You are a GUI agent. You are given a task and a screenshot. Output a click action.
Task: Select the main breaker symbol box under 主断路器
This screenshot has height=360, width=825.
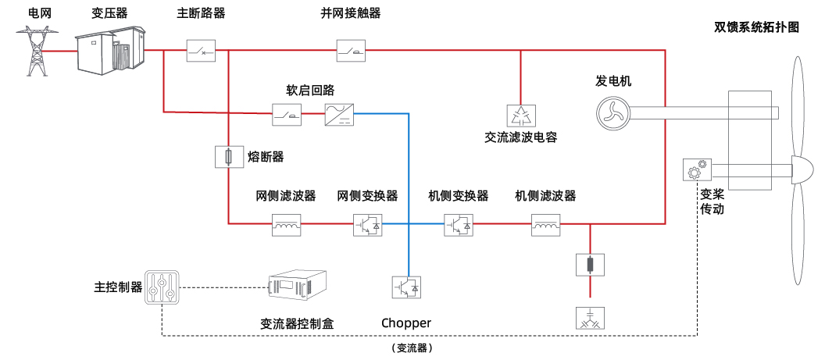click(200, 52)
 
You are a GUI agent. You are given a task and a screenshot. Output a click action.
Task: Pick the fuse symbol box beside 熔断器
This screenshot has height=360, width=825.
click(227, 158)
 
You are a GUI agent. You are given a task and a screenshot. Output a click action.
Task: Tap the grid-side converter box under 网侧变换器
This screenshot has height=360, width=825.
click(367, 225)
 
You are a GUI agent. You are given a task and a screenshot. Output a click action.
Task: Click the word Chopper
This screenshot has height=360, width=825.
click(406, 323)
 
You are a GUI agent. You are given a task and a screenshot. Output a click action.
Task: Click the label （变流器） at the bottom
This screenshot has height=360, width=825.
click(412, 348)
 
